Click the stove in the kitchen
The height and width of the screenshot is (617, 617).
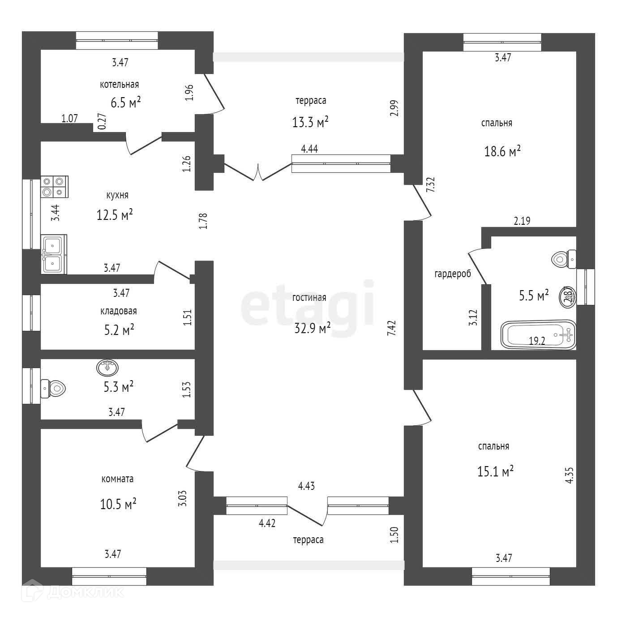tap(54, 187)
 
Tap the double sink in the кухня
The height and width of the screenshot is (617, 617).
tap(54, 254)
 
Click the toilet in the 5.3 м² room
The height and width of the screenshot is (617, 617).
tap(53, 388)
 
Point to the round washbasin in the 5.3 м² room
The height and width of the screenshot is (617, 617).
tap(107, 368)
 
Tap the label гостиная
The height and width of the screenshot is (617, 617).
tap(309, 297)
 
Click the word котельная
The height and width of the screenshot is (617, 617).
tap(119, 84)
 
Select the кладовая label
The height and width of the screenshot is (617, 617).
tap(118, 311)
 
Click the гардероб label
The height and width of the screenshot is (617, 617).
tap(453, 274)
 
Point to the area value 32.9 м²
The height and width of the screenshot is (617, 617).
tap(312, 328)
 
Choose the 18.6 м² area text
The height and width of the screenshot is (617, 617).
tap(502, 151)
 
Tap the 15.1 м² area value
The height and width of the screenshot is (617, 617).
tap(495, 471)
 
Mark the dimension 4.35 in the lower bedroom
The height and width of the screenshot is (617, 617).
tap(569, 475)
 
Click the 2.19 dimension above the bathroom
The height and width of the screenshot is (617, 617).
tap(522, 220)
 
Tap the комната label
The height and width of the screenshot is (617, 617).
tap(117, 479)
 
